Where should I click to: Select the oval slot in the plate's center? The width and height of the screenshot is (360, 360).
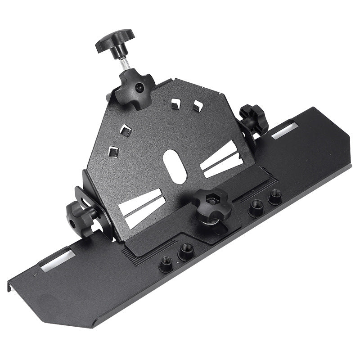click(x=175, y=166)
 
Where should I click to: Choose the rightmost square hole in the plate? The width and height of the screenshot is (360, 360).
click(x=197, y=105)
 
